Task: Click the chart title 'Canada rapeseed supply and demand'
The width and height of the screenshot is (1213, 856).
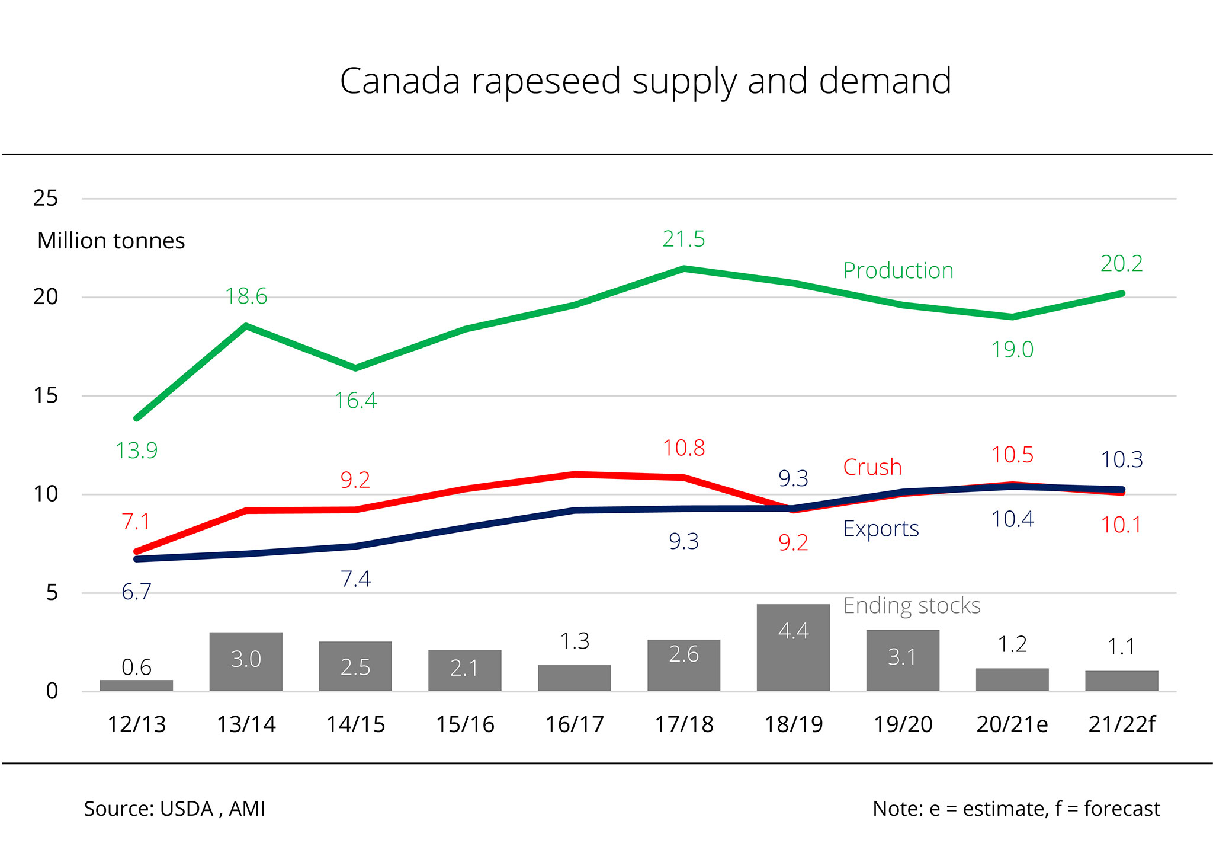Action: [x=646, y=81]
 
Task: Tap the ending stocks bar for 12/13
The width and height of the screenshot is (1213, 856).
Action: [x=136, y=685]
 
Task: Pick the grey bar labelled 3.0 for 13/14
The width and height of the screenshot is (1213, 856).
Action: [x=246, y=661]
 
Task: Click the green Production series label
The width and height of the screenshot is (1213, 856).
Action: [x=898, y=271]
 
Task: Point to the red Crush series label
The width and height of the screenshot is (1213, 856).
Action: [x=872, y=467]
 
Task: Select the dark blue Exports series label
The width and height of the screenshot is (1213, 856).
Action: [x=881, y=528]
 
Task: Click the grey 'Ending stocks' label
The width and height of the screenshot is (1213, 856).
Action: [x=912, y=606]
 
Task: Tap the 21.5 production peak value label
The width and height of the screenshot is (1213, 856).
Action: [x=683, y=239]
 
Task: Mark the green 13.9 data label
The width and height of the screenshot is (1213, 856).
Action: [x=136, y=451]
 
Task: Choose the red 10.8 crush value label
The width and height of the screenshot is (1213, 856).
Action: [x=683, y=448]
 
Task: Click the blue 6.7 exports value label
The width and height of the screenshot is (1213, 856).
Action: [x=136, y=592]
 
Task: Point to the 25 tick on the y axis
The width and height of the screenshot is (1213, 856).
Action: [x=46, y=198]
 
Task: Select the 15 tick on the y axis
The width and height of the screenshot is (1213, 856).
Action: [x=46, y=395]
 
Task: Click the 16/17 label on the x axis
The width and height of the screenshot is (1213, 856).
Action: [x=575, y=724]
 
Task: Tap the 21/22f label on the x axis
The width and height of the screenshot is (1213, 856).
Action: [x=1121, y=724]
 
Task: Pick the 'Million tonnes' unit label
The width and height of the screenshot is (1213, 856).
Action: [x=111, y=241]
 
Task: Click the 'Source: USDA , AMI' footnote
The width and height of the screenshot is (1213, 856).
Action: [x=174, y=809]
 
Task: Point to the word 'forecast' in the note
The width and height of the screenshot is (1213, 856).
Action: [x=1122, y=809]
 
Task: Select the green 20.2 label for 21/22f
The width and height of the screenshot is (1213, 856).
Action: [x=1121, y=264]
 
